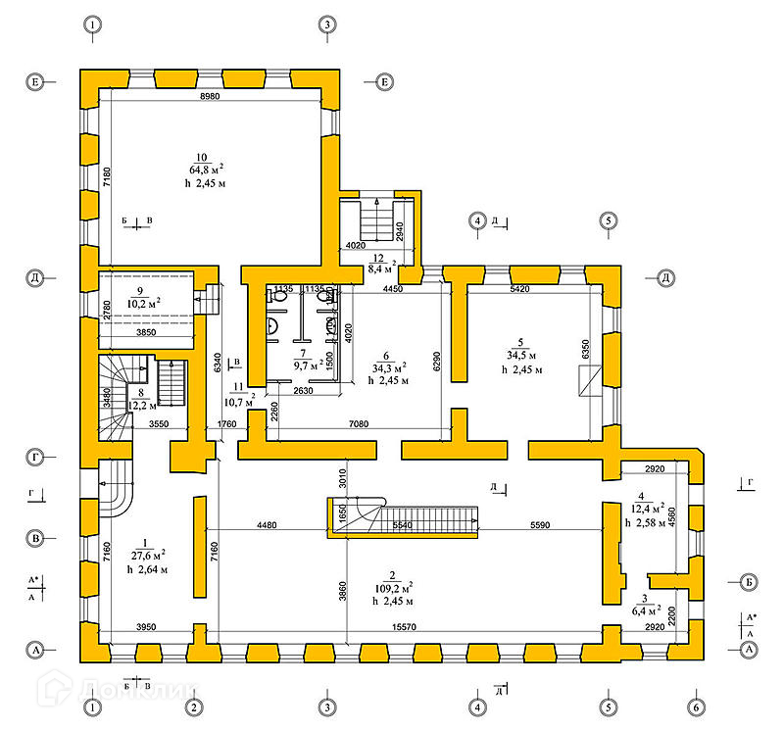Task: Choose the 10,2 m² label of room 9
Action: click(144, 303)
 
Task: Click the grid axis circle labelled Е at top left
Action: click(34, 82)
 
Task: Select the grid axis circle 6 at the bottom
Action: click(696, 708)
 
